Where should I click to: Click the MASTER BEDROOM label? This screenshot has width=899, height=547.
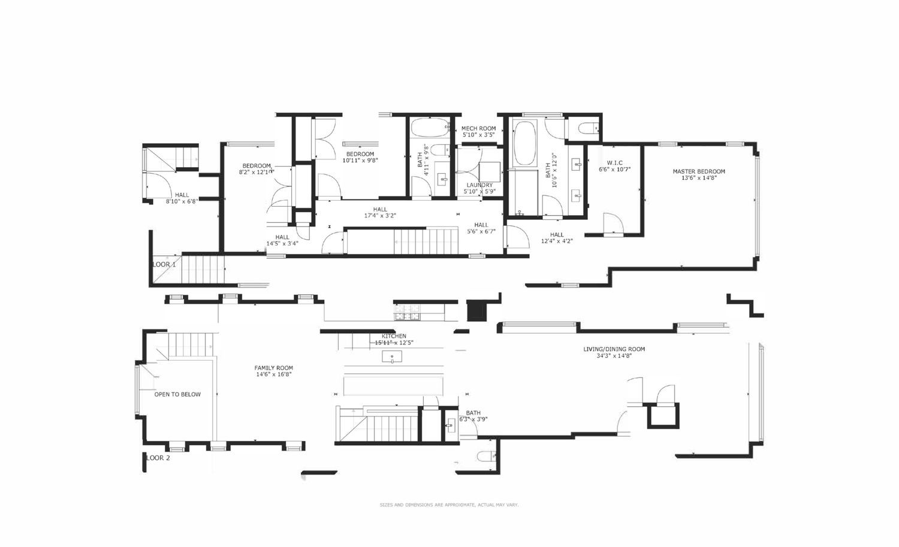(698, 171)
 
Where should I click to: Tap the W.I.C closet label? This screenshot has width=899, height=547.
(614, 162)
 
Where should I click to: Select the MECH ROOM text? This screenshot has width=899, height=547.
(478, 128)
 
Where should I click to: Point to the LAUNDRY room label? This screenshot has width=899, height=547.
(479, 185)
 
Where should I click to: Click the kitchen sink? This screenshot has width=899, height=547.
(392, 358)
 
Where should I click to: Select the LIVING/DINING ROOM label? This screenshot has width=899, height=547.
(614, 349)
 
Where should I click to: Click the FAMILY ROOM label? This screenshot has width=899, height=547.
(273, 368)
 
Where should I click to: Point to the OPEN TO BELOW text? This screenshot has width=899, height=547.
(177, 394)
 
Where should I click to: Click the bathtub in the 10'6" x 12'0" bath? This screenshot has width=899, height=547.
(526, 144)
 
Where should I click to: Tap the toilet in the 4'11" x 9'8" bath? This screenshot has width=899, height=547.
(441, 150)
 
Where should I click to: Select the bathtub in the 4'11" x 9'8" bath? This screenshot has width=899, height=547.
(429, 127)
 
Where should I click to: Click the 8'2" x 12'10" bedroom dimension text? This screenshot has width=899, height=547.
(257, 173)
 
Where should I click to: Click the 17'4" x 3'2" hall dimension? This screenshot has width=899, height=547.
(380, 216)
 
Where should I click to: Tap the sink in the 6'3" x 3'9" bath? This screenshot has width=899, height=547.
(450, 427)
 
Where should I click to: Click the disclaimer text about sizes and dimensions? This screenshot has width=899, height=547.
(449, 505)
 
